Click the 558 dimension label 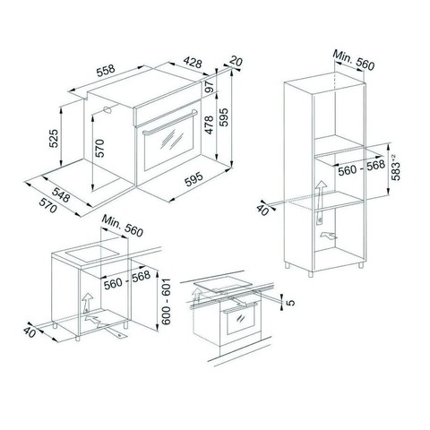point(106,70)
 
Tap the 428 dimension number point(193,63)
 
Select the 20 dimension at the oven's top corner point(236,62)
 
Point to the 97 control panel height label point(210,86)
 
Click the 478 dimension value point(210,125)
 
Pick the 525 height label point(54,138)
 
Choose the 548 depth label point(61,195)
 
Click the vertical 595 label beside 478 point(224,116)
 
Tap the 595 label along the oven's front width point(193,179)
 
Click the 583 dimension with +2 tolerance point(396,168)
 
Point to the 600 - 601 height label point(166,302)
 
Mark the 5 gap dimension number point(290,303)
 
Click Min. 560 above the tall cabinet point(354,60)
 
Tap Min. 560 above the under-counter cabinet point(123,226)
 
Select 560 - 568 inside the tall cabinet point(361,168)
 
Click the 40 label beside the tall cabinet point(262,210)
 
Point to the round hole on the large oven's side point(107,109)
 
